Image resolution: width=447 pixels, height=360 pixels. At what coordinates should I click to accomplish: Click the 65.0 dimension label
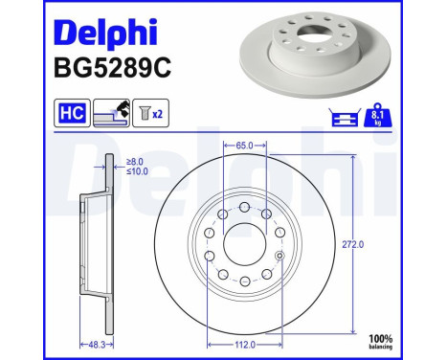click(242, 146)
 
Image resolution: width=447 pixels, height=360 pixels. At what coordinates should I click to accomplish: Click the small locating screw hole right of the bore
click(278, 255)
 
